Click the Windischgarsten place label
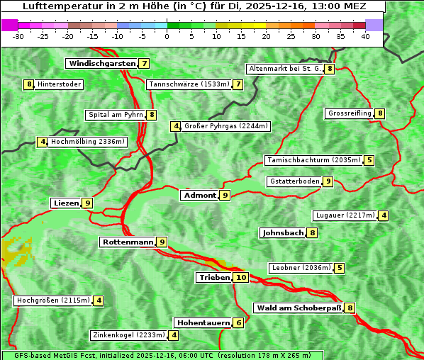point(101,64)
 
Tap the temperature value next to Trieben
point(241,278)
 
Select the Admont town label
point(199,195)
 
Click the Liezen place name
point(66,203)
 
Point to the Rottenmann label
point(128,242)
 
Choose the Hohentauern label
point(203,323)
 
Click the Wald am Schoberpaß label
point(298,308)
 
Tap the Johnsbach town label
point(283,232)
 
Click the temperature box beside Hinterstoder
point(29,84)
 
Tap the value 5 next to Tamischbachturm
point(369,160)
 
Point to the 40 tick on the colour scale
point(365,35)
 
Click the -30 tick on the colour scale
point(18,35)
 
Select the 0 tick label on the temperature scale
point(167,35)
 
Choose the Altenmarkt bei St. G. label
point(284,69)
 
